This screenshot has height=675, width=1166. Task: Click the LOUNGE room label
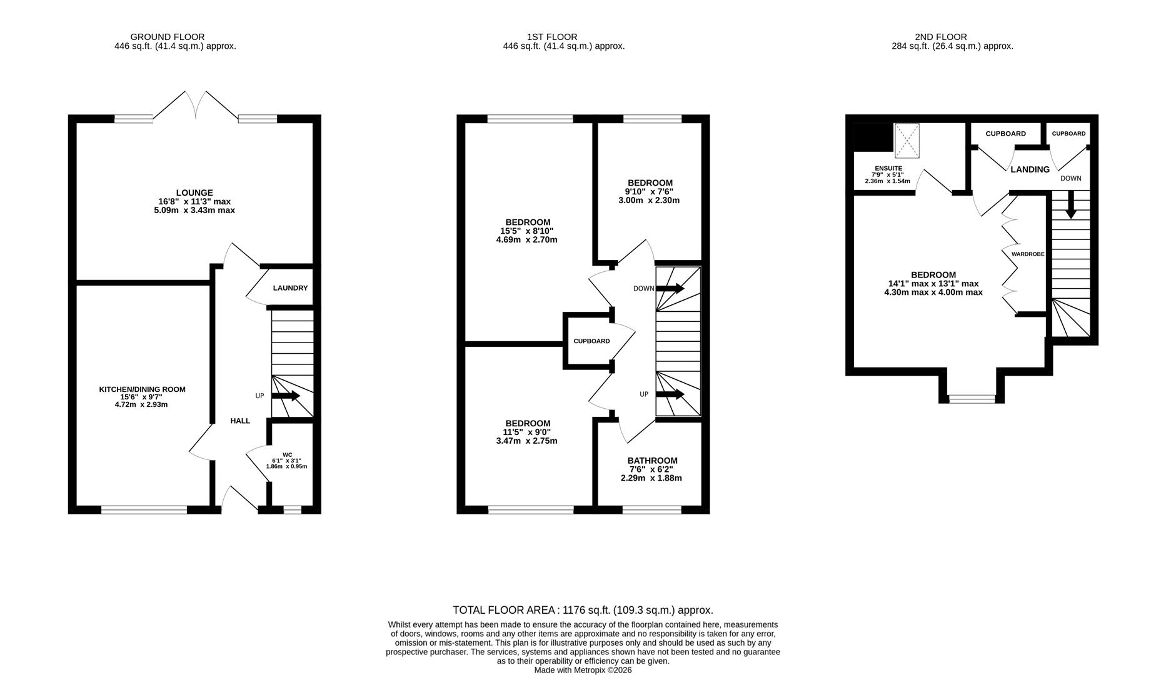(x=194, y=192)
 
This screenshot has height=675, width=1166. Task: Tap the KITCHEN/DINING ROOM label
(x=142, y=389)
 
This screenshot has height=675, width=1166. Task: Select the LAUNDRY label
(x=290, y=288)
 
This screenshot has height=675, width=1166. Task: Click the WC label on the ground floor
(x=287, y=455)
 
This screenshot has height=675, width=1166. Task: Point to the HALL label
(x=240, y=421)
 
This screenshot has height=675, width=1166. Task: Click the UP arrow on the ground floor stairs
(x=286, y=396)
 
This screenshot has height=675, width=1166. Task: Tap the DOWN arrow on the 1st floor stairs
(x=670, y=289)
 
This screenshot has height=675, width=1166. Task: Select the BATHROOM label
(x=652, y=461)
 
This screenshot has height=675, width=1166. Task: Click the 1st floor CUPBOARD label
(x=591, y=341)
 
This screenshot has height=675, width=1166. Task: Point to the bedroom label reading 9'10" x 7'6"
(x=650, y=191)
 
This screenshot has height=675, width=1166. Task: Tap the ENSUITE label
(x=888, y=168)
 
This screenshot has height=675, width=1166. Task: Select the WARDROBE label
(x=1027, y=254)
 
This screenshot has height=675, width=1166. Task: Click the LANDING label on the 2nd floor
(x=1030, y=169)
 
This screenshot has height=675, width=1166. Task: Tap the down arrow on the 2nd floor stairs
(x=1070, y=206)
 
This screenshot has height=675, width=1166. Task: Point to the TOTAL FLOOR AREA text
(x=582, y=610)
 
